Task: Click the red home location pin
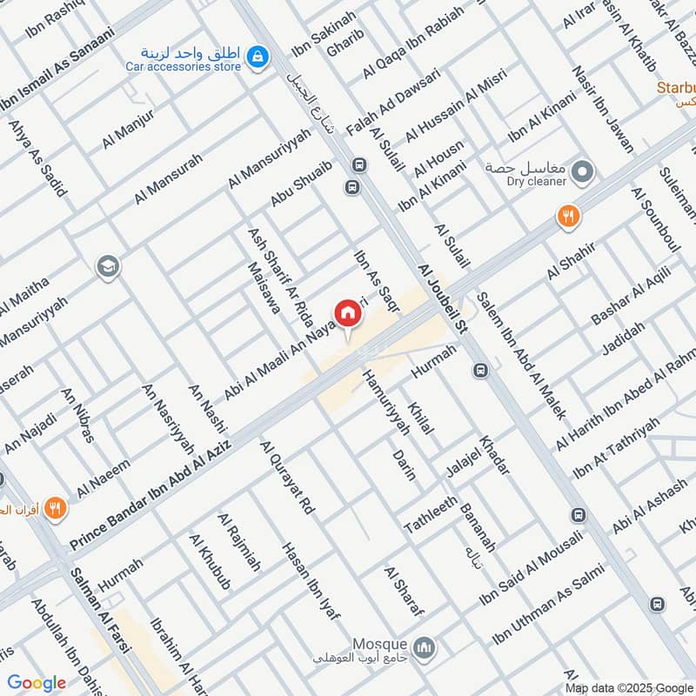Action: coord(347,312)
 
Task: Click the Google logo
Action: coord(36,683)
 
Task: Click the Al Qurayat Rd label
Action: coord(287,478)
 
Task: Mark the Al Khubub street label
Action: coord(210,561)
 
